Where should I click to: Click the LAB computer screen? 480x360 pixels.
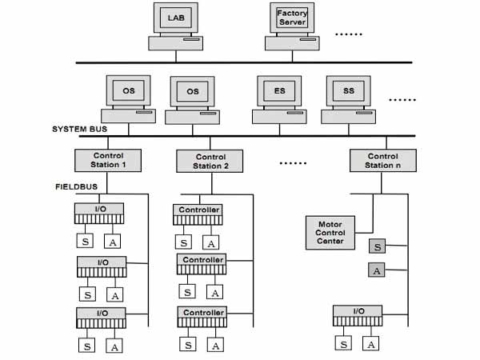pos(176,18)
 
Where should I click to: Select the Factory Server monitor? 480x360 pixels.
pos(292,18)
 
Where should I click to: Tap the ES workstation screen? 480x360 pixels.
pos(279,91)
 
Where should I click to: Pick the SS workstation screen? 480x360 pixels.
pos(348,91)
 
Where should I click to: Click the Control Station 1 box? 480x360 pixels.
pos(108,161)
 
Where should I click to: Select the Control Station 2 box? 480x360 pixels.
pos(210,161)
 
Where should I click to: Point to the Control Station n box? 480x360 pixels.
pos(383,161)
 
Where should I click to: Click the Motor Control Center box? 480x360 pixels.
pos(330,233)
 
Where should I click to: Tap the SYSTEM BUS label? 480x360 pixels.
pos(79,129)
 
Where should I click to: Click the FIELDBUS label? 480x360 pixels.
pos(77,186)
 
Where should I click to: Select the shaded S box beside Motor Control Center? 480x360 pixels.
pos(377,246)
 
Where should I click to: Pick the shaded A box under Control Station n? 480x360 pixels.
pos(377,270)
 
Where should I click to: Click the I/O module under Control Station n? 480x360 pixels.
pos(358,316)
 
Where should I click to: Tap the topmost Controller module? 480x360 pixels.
pos(198,214)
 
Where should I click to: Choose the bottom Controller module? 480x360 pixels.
pos(202,317)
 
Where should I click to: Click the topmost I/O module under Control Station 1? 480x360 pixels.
pos(99,214)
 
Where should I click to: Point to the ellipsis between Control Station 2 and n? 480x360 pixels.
pos(293,163)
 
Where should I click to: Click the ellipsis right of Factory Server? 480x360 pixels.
pos(349,34)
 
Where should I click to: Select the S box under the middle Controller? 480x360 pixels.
pos(187,292)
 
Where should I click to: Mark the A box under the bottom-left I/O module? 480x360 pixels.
pos(114,346)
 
